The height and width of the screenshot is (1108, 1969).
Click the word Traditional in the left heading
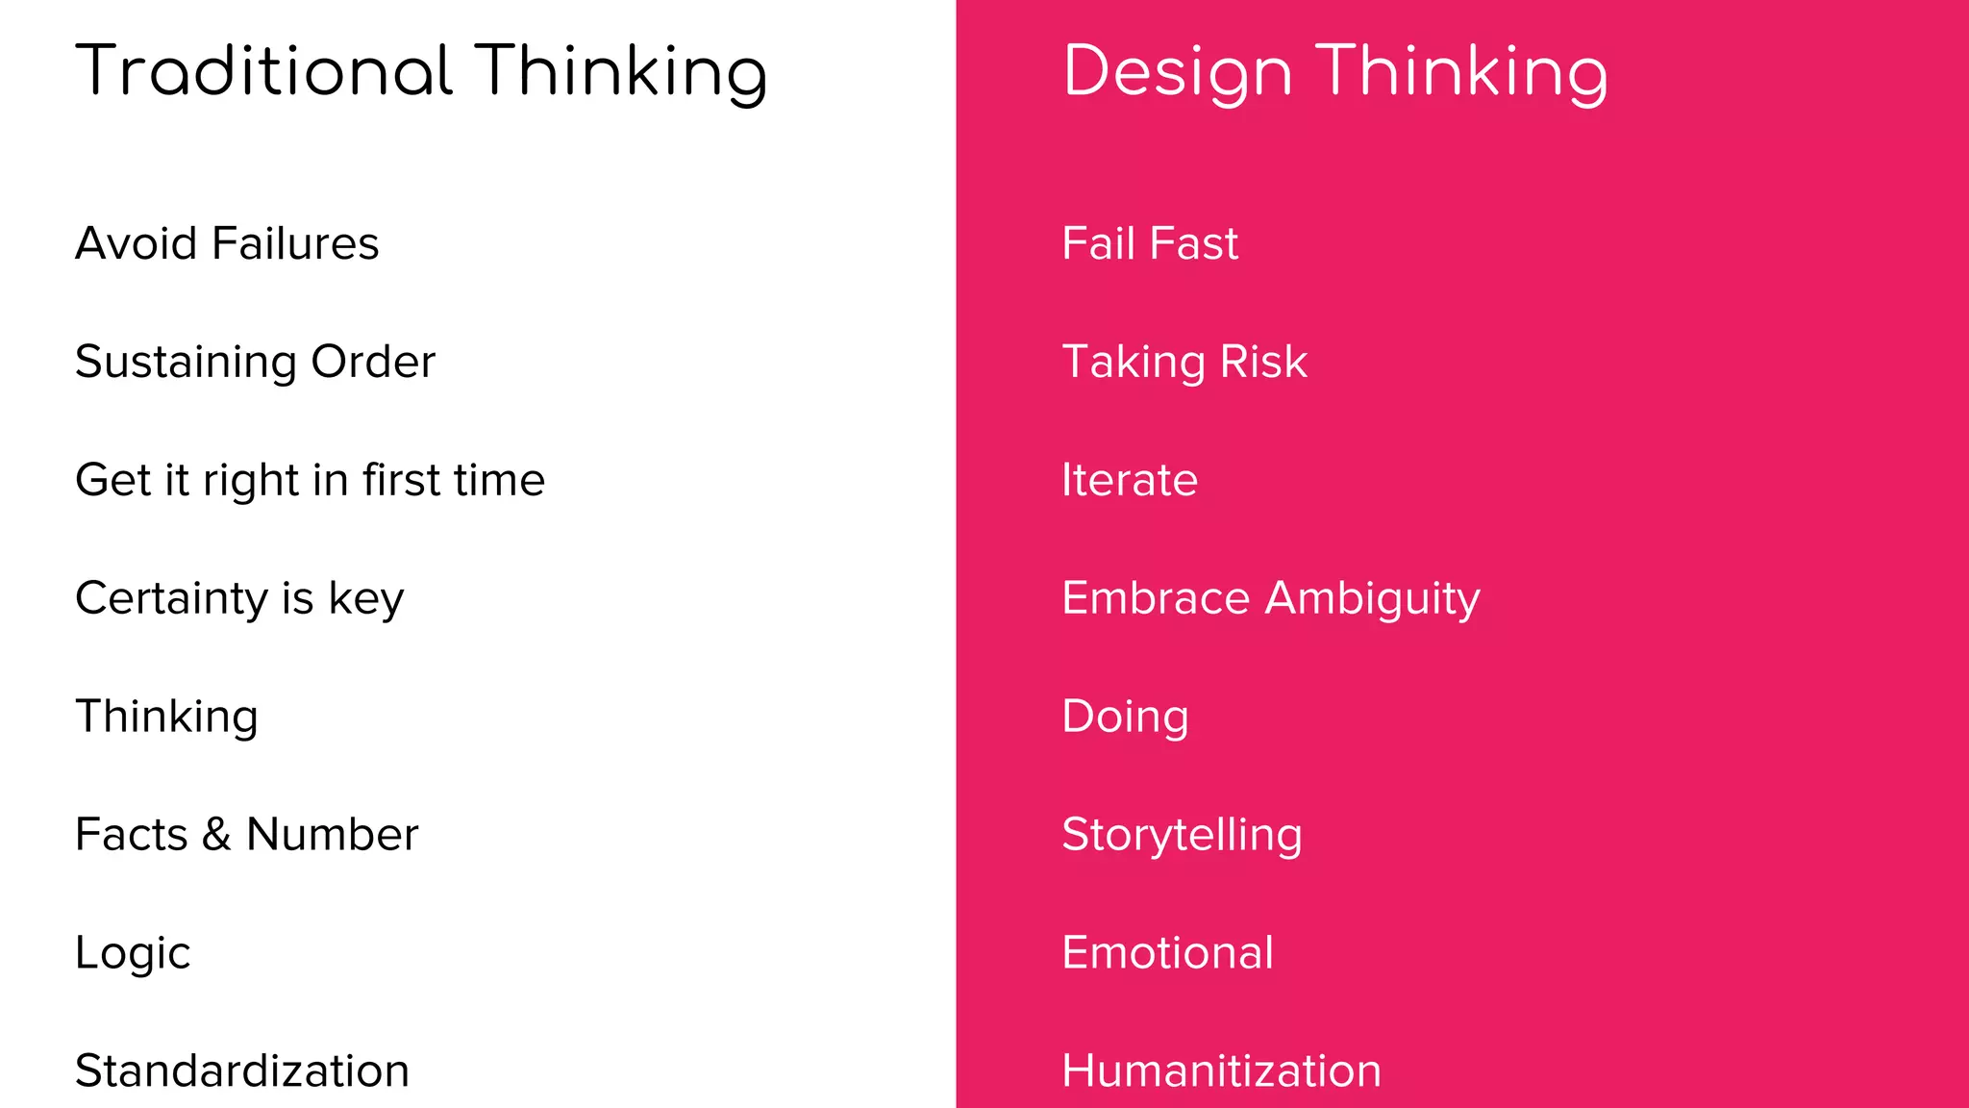coord(263,71)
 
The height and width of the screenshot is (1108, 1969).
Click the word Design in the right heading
coord(1177,73)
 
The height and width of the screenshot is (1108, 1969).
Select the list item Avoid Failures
coord(227,243)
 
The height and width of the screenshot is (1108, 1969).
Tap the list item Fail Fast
coord(1150,243)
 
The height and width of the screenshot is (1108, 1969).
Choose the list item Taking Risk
coord(1184,363)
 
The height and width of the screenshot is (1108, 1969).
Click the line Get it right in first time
coord(310,480)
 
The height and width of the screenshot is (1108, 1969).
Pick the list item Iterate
coord(1130,480)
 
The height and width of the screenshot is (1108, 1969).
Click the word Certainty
coord(171,599)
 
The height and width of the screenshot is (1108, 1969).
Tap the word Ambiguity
coord(1372,599)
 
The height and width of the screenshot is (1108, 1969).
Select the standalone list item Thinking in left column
coord(166,718)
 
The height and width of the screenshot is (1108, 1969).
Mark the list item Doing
coord(1125,718)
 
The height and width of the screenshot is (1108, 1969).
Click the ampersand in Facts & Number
coord(216,835)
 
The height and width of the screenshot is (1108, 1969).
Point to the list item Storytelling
coord(1182,835)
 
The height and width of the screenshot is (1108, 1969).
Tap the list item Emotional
coord(1167,953)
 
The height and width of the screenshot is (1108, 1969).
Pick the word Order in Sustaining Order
coord(373,363)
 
